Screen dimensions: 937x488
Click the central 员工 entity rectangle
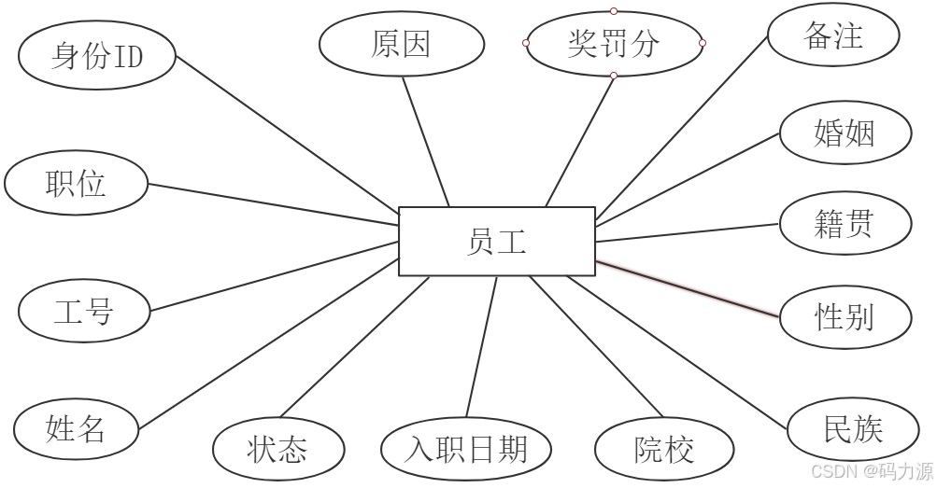[496, 241]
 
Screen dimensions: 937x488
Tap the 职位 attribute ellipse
[76, 184]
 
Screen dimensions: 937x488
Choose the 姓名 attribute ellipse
[76, 429]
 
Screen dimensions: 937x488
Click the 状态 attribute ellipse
[277, 451]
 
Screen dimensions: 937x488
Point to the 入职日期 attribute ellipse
[466, 450]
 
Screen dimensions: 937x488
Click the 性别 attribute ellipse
[844, 317]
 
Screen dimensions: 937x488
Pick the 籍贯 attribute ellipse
[844, 225]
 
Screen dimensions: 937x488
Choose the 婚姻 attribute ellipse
[845, 133]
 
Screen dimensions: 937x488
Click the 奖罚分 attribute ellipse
[614, 44]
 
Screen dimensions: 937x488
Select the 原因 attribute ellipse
[402, 44]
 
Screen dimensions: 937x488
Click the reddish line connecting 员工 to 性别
[687, 289]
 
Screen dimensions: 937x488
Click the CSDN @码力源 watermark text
[871, 470]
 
